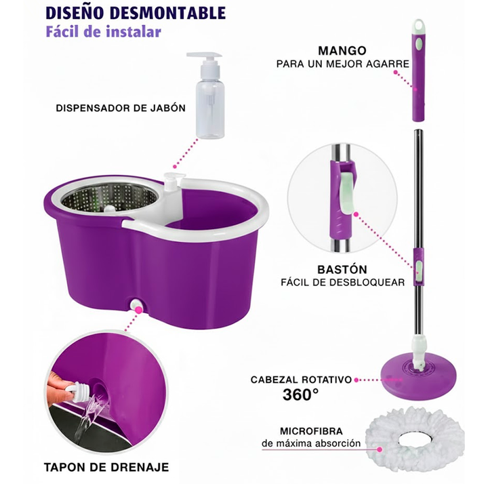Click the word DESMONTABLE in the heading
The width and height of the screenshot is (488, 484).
pos(168,13)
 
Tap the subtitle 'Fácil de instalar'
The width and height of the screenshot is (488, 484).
pos(103,32)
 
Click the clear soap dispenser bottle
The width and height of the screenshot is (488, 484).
pos(206,95)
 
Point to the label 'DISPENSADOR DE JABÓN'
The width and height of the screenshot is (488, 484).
pos(121,108)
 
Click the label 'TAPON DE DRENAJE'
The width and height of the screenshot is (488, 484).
pos(106,467)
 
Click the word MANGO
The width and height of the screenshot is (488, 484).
pos(342,50)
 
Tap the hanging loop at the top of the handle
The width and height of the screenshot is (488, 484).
pos(418,26)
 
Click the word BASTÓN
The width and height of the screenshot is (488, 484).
pos(342,269)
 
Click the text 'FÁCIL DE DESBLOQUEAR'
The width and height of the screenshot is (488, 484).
pos(343,282)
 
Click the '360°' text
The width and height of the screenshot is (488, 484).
pos(301,395)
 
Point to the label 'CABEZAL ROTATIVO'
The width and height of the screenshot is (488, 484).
pos(301,380)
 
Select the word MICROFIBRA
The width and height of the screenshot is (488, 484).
pos(311,431)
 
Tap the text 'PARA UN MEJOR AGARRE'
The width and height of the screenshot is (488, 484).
pos(343,64)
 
